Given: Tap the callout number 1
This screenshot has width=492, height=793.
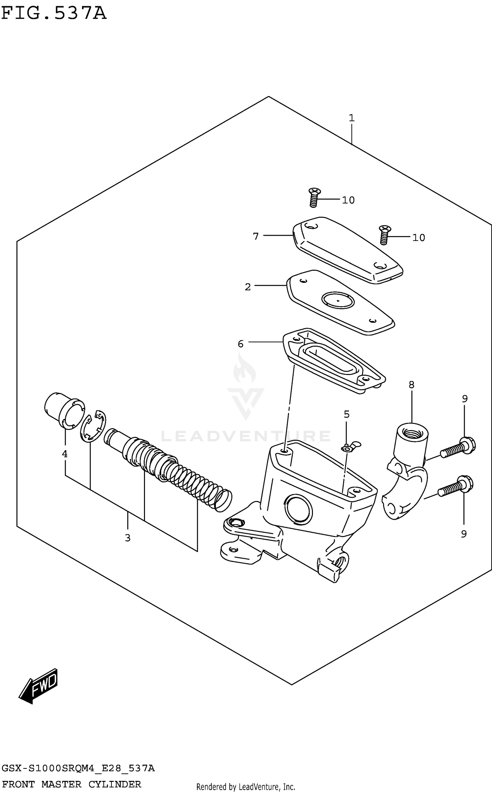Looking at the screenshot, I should pyautogui.click(x=352, y=118).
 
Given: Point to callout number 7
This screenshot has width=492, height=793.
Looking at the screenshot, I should pyautogui.click(x=256, y=236).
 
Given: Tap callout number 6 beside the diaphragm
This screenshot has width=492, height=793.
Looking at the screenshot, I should pyautogui.click(x=241, y=344).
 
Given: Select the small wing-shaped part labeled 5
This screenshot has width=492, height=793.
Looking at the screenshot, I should pyautogui.click(x=350, y=447).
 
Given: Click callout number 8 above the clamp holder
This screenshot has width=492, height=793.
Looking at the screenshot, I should pyautogui.click(x=411, y=385).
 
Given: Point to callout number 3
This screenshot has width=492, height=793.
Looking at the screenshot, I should pyautogui.click(x=128, y=538).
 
